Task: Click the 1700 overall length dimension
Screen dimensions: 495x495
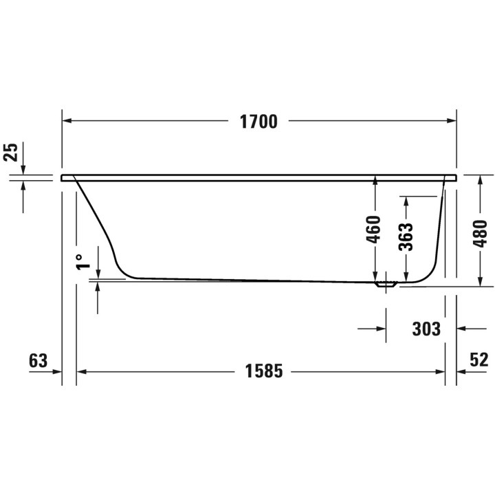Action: click(x=258, y=122)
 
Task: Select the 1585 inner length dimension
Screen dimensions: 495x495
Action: click(x=264, y=371)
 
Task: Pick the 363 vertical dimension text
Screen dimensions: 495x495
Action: click(x=406, y=236)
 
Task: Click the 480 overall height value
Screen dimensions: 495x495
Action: click(x=481, y=232)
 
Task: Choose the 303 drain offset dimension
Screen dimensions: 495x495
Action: click(x=426, y=329)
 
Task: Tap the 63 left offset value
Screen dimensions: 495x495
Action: click(x=38, y=360)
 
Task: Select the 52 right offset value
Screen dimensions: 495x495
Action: click(x=478, y=360)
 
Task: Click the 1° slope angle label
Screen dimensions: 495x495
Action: click(x=82, y=261)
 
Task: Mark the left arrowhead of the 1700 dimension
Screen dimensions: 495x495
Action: click(x=67, y=121)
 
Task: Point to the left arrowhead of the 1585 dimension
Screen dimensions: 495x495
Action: click(x=80, y=371)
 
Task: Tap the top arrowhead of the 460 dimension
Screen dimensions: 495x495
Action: click(x=375, y=180)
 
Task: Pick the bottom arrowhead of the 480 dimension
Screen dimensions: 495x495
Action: click(x=481, y=281)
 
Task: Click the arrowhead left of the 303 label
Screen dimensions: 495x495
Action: click(x=381, y=329)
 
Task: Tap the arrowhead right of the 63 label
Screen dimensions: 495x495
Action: click(x=58, y=371)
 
